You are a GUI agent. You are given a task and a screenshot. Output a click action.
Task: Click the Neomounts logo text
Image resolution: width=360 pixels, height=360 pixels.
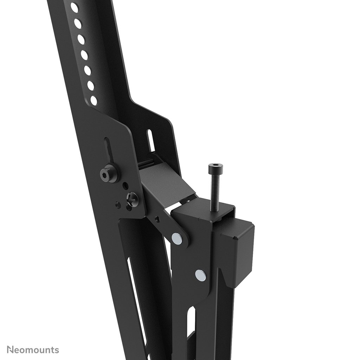click(33, 350)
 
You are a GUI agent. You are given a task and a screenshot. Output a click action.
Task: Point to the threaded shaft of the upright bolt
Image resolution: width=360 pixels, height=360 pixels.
click(213, 190)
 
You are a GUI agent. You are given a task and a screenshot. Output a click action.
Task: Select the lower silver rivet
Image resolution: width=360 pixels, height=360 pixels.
click(200, 275)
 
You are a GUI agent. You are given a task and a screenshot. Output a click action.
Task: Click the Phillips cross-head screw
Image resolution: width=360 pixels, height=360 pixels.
click(133, 199)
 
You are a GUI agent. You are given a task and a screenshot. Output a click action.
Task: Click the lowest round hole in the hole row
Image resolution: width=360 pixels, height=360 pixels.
click(94, 101)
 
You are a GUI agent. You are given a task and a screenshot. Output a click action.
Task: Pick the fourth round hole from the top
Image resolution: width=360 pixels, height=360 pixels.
click(84, 54)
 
